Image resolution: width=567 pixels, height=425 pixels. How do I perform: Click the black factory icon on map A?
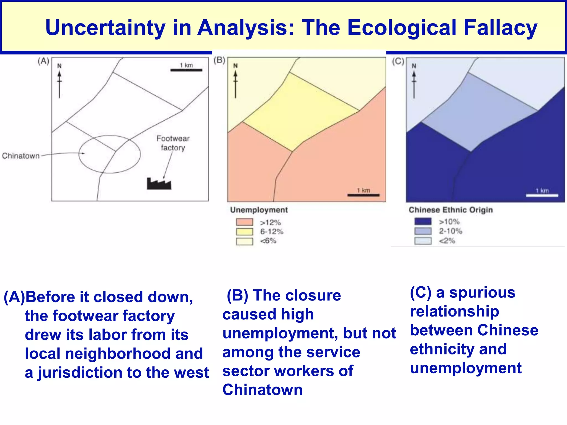click(159, 184)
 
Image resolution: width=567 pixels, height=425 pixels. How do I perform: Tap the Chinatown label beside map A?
click(21, 156)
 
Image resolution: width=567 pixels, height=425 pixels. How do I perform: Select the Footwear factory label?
click(173, 143)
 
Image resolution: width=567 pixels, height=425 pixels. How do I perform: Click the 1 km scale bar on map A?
click(186, 70)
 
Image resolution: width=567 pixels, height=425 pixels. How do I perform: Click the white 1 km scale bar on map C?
click(542, 195)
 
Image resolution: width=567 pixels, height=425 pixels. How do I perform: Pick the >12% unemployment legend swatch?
click(244, 222)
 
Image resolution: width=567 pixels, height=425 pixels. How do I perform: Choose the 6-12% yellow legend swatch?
click(244, 232)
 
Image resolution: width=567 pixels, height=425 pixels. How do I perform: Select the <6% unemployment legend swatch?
click(244, 241)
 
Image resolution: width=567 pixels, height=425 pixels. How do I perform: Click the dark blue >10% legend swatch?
click(423, 222)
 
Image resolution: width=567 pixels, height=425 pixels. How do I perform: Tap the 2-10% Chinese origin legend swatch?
click(423, 231)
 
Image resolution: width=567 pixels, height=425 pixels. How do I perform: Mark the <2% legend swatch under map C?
click(423, 241)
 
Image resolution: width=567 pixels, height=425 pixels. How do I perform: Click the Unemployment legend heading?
click(259, 210)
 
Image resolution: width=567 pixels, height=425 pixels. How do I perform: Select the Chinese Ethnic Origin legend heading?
click(450, 210)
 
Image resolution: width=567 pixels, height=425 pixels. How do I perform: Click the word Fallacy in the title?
click(500, 28)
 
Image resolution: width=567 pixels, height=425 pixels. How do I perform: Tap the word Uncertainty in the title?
click(105, 28)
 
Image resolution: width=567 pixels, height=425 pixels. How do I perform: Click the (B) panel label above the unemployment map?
click(219, 60)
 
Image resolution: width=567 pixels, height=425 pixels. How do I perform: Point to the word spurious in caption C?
click(482, 293)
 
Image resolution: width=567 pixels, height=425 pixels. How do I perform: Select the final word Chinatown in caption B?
click(262, 390)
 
